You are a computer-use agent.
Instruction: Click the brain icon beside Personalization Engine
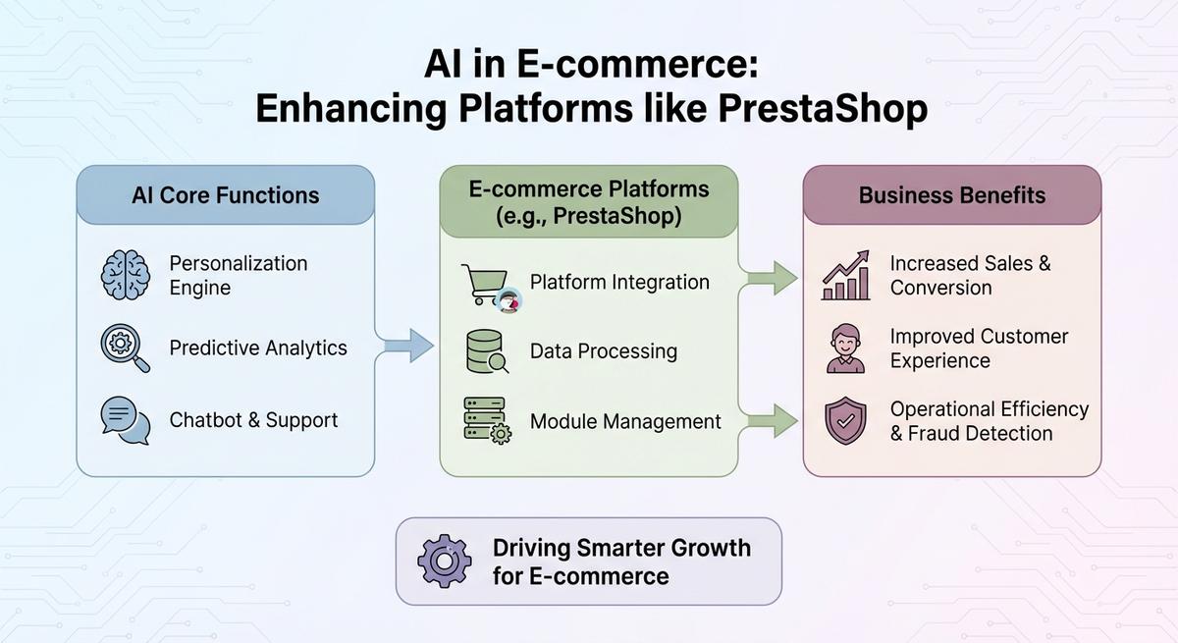click(126, 276)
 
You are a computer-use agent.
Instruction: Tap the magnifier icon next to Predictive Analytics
click(126, 348)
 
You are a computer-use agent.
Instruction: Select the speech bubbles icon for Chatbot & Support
click(126, 420)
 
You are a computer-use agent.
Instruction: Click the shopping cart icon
click(487, 285)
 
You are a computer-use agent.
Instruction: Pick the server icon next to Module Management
click(487, 421)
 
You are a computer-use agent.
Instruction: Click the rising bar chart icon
click(846, 276)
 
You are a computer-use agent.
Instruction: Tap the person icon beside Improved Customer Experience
click(846, 349)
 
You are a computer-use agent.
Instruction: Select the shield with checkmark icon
click(846, 421)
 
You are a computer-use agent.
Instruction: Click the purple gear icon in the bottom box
click(445, 561)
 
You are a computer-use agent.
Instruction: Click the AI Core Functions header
click(226, 194)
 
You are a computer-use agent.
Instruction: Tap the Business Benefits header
click(952, 194)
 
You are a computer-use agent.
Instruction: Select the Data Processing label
click(604, 351)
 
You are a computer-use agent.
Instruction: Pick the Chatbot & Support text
click(253, 420)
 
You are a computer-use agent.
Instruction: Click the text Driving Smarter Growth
click(621, 548)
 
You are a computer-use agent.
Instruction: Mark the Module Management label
click(625, 421)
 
